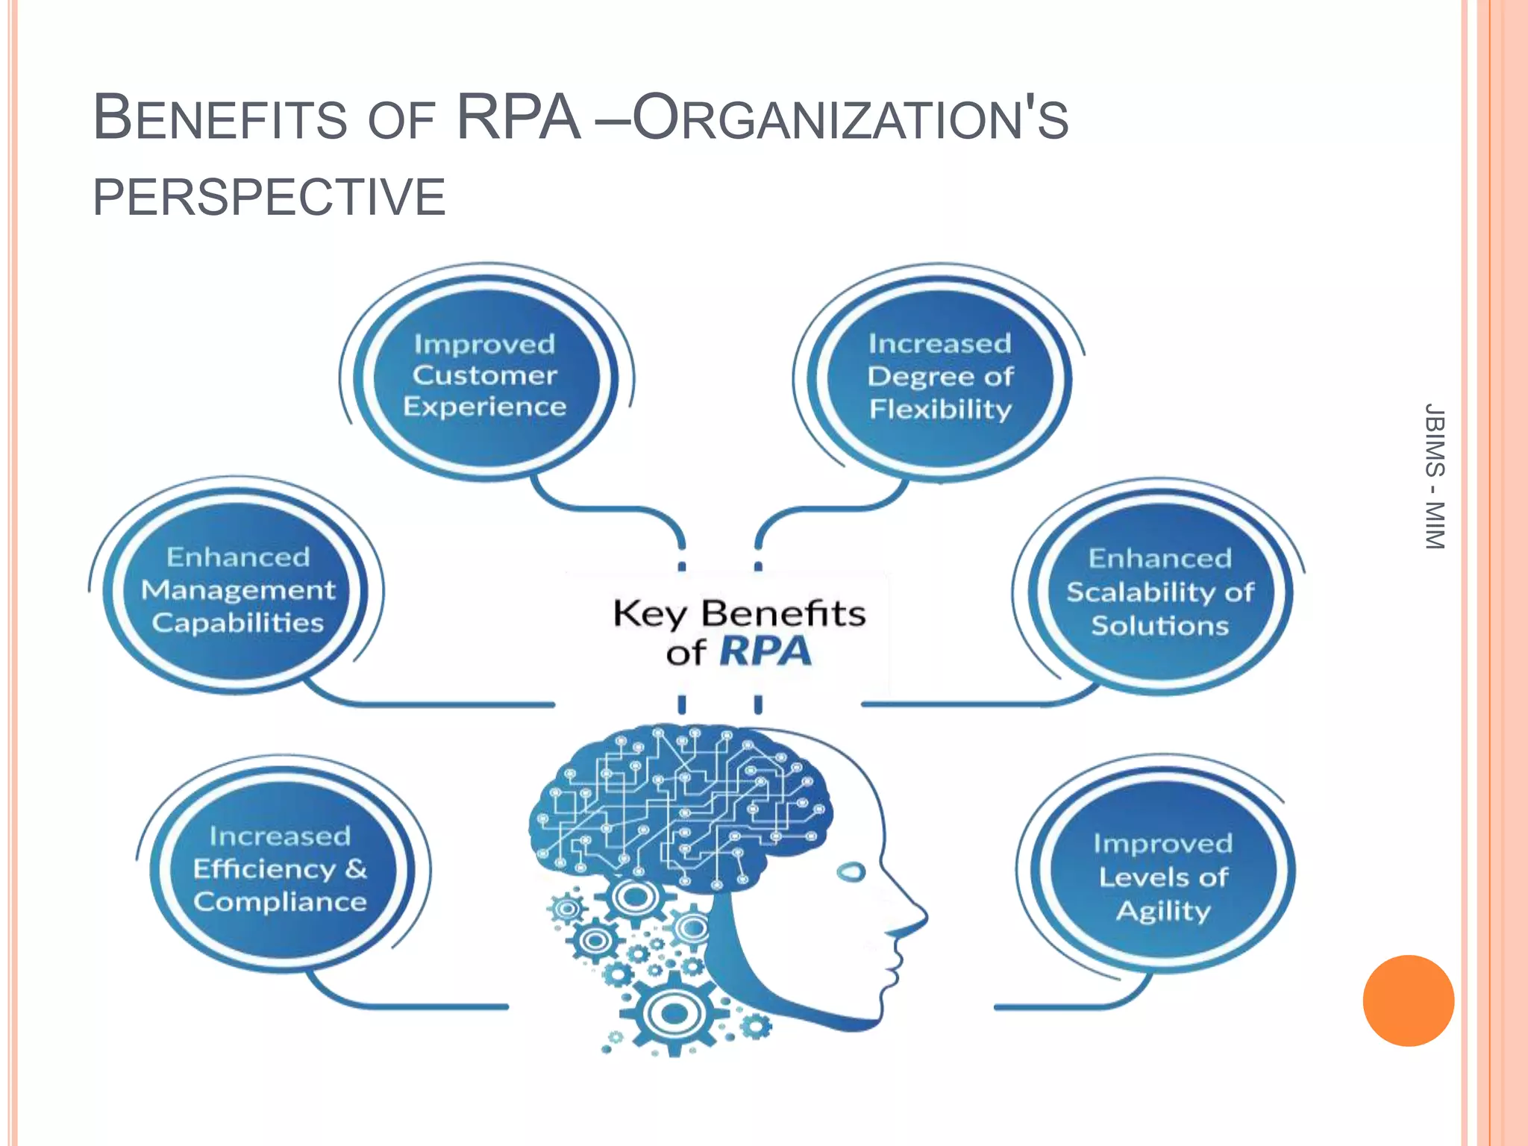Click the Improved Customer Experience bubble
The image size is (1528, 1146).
[x=485, y=375]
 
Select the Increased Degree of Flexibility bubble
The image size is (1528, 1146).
[x=940, y=377]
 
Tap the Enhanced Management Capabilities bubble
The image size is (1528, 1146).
[x=237, y=590]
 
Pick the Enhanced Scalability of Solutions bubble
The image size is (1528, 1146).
[x=1159, y=592]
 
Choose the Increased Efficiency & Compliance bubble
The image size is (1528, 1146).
[x=280, y=869]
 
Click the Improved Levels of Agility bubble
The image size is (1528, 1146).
[x=1162, y=877]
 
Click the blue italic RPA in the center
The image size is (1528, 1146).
[x=765, y=651]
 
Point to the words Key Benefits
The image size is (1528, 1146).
[x=739, y=613]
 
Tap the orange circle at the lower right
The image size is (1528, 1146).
[x=1408, y=1001]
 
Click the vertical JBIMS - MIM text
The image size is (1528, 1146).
[x=1434, y=476]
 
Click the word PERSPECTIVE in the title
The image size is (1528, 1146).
[x=269, y=197]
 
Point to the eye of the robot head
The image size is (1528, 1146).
[x=851, y=871]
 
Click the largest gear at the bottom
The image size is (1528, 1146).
[x=674, y=1013]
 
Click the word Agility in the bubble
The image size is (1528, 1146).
[x=1162, y=911]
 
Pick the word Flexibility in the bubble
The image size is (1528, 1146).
[x=940, y=409]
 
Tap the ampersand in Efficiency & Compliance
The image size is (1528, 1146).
[x=356, y=868]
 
